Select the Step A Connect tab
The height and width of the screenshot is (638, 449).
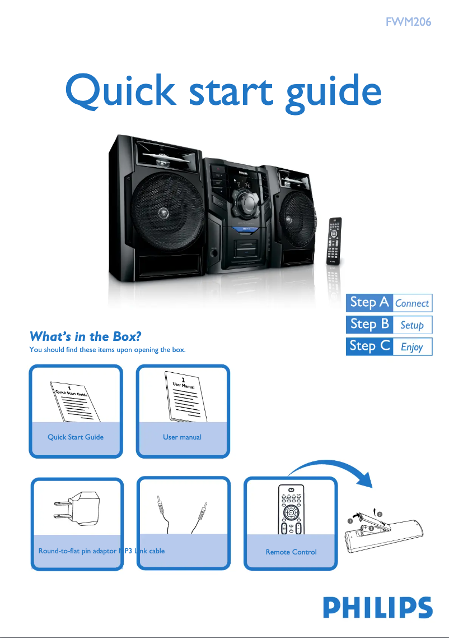[x=389, y=303]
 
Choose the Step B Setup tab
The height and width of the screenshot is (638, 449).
[x=389, y=325]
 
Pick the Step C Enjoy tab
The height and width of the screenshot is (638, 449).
[x=389, y=346]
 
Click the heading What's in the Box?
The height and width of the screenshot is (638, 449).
[x=84, y=336]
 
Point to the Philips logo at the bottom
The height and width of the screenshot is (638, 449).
[x=377, y=608]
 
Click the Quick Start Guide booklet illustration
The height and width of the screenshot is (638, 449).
[x=76, y=401]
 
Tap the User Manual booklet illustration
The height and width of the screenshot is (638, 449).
[x=183, y=399]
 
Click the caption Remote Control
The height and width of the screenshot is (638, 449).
[x=291, y=552]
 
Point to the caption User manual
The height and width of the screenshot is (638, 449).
[x=183, y=437]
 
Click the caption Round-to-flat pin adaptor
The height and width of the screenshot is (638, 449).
[x=77, y=551]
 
